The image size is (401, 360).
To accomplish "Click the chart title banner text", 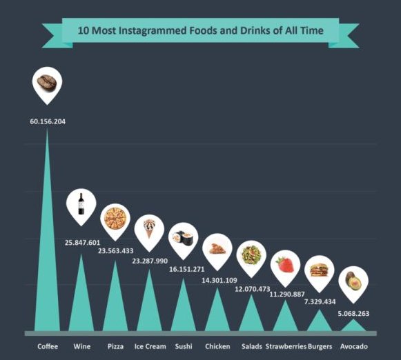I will click(199, 30).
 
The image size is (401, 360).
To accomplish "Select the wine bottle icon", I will click(81, 203).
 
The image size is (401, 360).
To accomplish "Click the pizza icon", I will click(115, 219).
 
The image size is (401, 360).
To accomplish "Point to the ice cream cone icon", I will click(149, 228).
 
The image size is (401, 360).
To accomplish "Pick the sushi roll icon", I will click(182, 237).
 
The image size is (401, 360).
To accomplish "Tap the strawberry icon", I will click(284, 264).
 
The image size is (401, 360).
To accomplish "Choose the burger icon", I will click(318, 270).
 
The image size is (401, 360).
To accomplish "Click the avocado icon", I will click(352, 281).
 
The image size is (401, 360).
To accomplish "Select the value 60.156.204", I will click(48, 121).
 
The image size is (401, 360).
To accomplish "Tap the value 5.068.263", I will click(353, 313).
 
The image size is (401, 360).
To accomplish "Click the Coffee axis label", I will click(47, 346).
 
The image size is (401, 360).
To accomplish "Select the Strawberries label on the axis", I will click(286, 346).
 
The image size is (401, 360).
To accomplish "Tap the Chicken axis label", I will click(217, 346).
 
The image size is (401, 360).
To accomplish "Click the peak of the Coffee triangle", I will click(47, 130).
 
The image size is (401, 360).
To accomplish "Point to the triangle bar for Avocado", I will click(353, 326).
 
